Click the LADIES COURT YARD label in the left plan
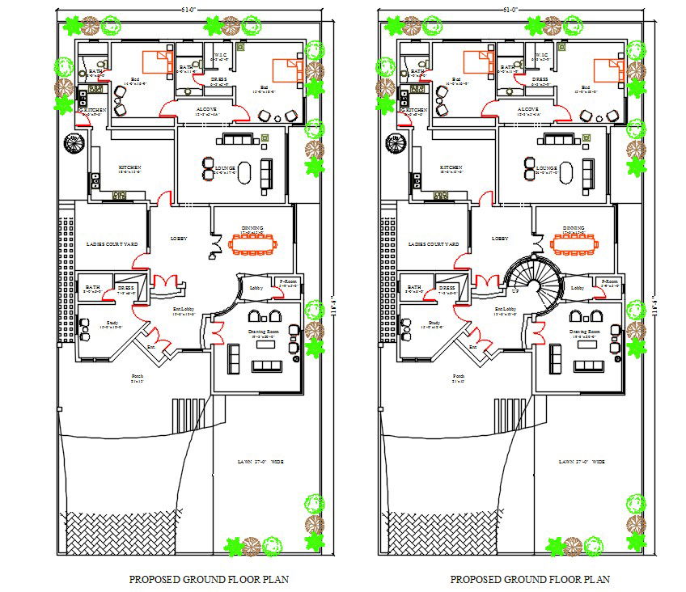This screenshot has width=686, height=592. pyautogui.click(x=112, y=244)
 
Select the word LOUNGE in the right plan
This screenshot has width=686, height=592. pyautogui.click(x=546, y=169)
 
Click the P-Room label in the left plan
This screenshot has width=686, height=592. pyautogui.click(x=288, y=281)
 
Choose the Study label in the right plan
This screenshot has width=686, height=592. pyautogui.click(x=434, y=323)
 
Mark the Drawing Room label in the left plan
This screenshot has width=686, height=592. pyautogui.click(x=263, y=332)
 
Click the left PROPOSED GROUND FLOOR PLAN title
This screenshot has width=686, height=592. pyautogui.click(x=209, y=579)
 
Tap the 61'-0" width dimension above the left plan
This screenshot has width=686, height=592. pyautogui.click(x=189, y=9)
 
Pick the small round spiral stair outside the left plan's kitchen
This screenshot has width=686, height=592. pyautogui.click(x=74, y=143)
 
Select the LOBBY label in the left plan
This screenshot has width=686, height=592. pyautogui.click(x=179, y=239)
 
